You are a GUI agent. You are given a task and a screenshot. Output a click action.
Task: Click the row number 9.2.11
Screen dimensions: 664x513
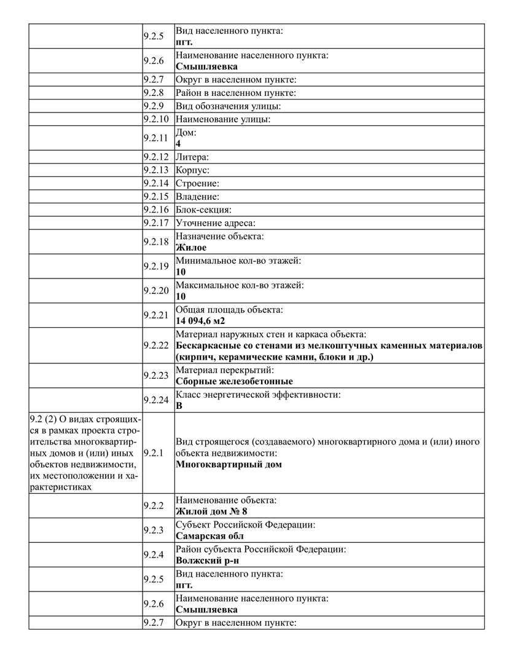pos(155,138)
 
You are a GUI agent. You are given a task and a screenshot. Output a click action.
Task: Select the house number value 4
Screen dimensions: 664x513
pos(178,143)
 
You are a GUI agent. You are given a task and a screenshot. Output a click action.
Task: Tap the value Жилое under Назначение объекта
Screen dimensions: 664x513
pos(191,247)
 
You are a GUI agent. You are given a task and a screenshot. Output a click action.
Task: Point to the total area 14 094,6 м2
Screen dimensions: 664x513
pos(205,320)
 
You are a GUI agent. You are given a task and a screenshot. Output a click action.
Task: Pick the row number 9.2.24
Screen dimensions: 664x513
pos(155,400)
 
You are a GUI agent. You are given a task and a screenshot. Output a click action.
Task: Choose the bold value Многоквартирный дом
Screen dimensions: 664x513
pos(229,464)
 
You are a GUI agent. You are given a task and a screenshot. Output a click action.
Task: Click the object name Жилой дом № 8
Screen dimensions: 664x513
pos(211,511)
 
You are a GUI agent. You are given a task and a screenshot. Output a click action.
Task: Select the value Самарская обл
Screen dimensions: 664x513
pos(207,536)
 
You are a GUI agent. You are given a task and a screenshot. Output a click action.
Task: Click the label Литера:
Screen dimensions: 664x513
pos(192,157)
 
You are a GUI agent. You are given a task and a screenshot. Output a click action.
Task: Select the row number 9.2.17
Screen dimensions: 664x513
pos(155,223)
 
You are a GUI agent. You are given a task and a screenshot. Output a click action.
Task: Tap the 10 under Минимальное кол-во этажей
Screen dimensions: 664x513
pos(181,272)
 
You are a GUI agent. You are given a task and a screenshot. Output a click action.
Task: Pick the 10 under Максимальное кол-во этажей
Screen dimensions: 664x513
pos(181,296)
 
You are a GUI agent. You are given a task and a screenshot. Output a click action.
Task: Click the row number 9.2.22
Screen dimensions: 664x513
pos(155,345)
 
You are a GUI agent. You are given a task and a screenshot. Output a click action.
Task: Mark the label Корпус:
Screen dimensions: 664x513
pos(193,170)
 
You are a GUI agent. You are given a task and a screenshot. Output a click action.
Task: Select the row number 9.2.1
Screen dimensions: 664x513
pos(154,453)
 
